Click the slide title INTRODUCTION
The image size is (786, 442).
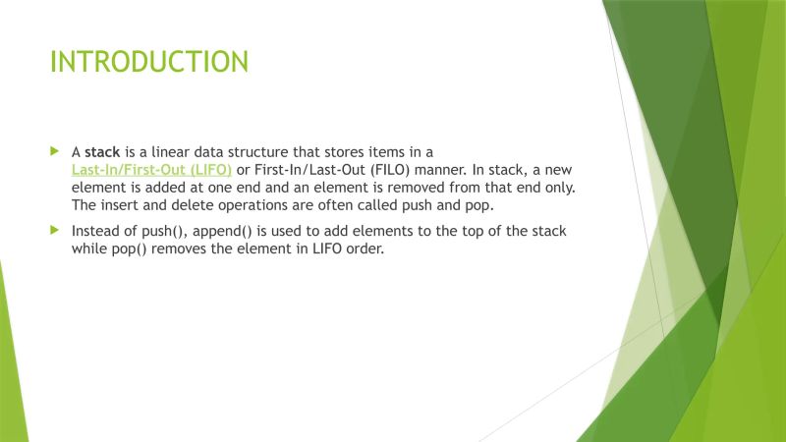(148, 62)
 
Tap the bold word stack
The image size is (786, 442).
(103, 152)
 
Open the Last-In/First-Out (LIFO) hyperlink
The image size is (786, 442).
(152, 170)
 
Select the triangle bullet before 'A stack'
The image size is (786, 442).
(55, 152)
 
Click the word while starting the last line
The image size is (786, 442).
(88, 249)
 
